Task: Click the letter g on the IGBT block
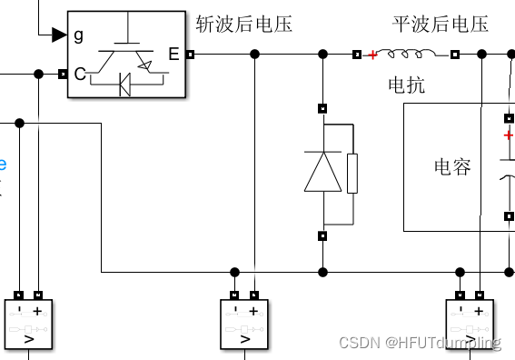point(79,35)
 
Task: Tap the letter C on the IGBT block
point(79,74)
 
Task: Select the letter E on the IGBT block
point(173,55)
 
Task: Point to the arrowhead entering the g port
point(59,35)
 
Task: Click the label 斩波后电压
point(243,25)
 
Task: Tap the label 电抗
point(406,86)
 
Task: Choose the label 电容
point(452,166)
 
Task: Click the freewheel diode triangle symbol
point(322,173)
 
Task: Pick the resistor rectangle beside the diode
point(352,173)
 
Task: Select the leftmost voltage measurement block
point(29,324)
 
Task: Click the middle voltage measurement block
point(244,324)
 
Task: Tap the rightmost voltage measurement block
point(470,324)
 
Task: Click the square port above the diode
point(322,109)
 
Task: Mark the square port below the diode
point(322,236)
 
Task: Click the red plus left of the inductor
point(371,55)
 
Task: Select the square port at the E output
point(190,55)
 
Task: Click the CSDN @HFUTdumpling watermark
point(419,343)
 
